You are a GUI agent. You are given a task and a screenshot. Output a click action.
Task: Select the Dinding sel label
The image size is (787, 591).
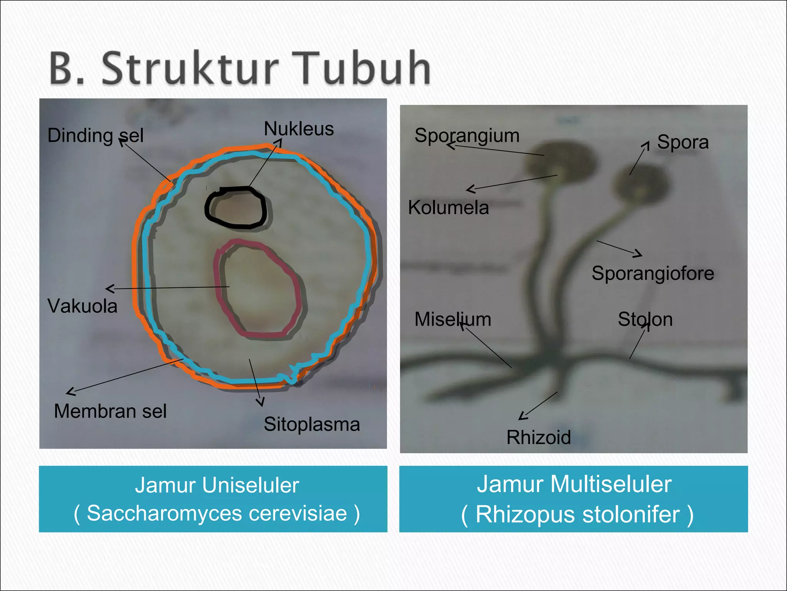95,135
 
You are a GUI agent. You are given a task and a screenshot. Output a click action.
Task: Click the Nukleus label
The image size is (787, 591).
299,129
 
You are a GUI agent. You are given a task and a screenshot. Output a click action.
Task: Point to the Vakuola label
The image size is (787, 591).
82,306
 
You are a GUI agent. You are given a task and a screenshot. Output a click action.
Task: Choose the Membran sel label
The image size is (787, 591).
110,411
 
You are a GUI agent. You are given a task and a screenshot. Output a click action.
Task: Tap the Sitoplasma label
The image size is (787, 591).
312,424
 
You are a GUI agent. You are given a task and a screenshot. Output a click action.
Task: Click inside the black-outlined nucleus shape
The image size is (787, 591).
236,209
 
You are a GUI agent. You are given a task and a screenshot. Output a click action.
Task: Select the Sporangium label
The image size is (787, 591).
467,135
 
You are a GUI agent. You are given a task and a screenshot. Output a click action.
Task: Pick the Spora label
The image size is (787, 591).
683,142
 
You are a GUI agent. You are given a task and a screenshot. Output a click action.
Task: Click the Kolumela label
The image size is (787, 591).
448,208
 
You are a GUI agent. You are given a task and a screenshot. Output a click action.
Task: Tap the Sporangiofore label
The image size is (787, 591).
653,273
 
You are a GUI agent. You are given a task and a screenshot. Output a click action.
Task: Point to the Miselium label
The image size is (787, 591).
453,319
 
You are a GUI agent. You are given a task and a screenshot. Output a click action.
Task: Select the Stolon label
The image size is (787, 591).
645,319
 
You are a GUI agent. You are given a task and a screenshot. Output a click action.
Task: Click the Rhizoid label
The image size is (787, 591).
538,437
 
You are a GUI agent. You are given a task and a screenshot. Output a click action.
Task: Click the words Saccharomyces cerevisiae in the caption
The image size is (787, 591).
217,513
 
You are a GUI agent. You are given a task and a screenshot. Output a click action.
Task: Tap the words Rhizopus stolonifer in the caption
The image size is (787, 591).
578,514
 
